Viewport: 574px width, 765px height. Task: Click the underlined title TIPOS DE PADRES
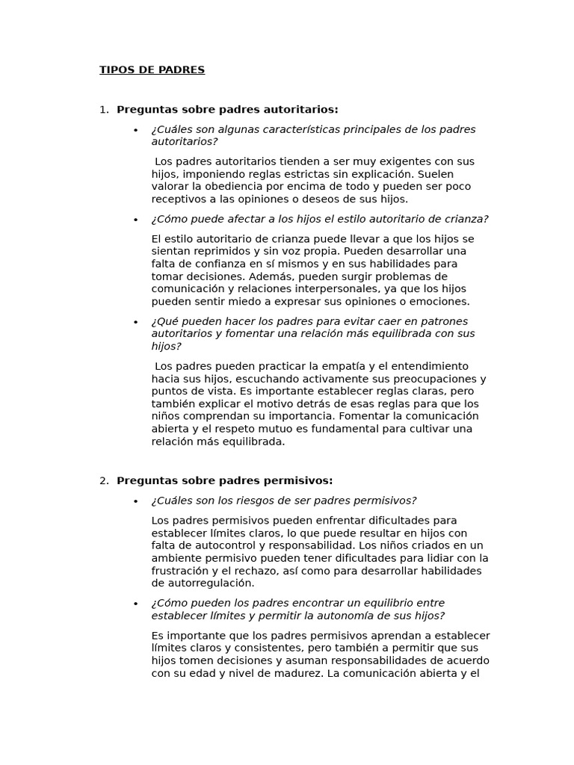click(152, 70)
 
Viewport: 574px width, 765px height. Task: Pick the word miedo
click(251, 302)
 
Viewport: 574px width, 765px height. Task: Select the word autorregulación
click(203, 583)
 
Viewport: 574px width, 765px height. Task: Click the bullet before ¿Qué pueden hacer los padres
click(135, 322)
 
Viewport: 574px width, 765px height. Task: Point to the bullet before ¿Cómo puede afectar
click(135, 220)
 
